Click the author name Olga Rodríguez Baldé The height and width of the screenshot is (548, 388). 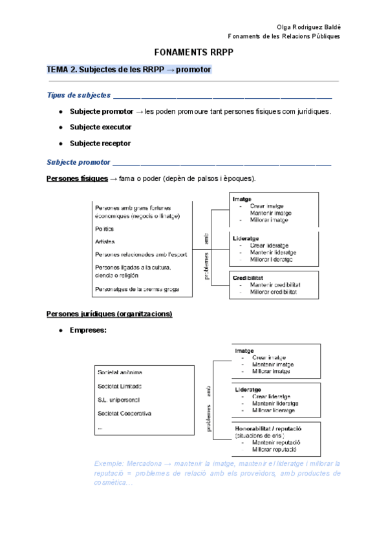pyautogui.click(x=308, y=26)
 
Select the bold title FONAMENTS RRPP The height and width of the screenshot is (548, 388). pyautogui.click(x=193, y=52)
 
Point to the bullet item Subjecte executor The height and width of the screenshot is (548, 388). pyautogui.click(x=100, y=127)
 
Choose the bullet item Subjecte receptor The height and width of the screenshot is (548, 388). pyautogui.click(x=100, y=143)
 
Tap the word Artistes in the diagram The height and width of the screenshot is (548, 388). pyautogui.click(x=105, y=242)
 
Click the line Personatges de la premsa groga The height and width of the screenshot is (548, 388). pyautogui.click(x=136, y=289)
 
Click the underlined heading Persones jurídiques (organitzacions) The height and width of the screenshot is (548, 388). pyautogui.click(x=109, y=314)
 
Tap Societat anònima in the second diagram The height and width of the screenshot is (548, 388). pyautogui.click(x=120, y=373)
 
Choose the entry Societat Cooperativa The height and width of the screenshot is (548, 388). pyautogui.click(x=124, y=413)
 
